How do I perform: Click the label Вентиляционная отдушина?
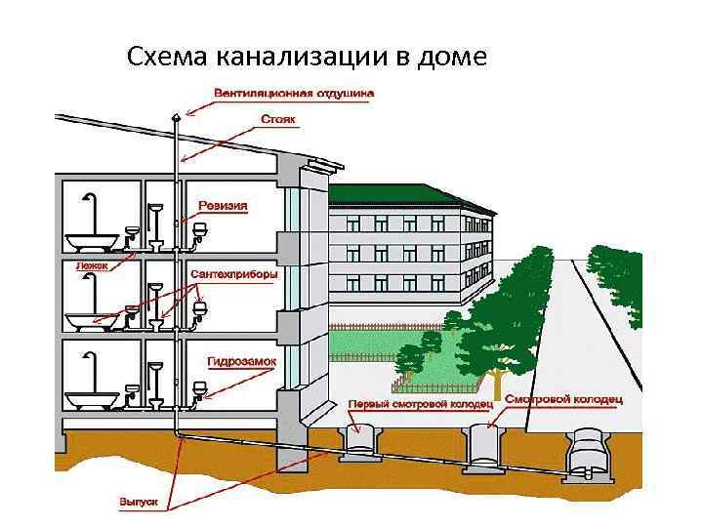pyautogui.click(x=294, y=94)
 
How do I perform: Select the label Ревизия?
pyautogui.click(x=223, y=206)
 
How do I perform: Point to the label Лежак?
pyautogui.click(x=91, y=264)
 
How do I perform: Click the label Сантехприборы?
pyautogui.click(x=234, y=274)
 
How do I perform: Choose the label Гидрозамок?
pyautogui.click(x=241, y=360)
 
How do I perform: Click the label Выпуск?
pyautogui.click(x=136, y=501)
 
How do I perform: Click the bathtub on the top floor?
pyautogui.click(x=92, y=240)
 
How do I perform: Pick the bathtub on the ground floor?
pyautogui.click(x=92, y=400)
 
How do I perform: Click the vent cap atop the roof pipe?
pyautogui.click(x=175, y=116)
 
